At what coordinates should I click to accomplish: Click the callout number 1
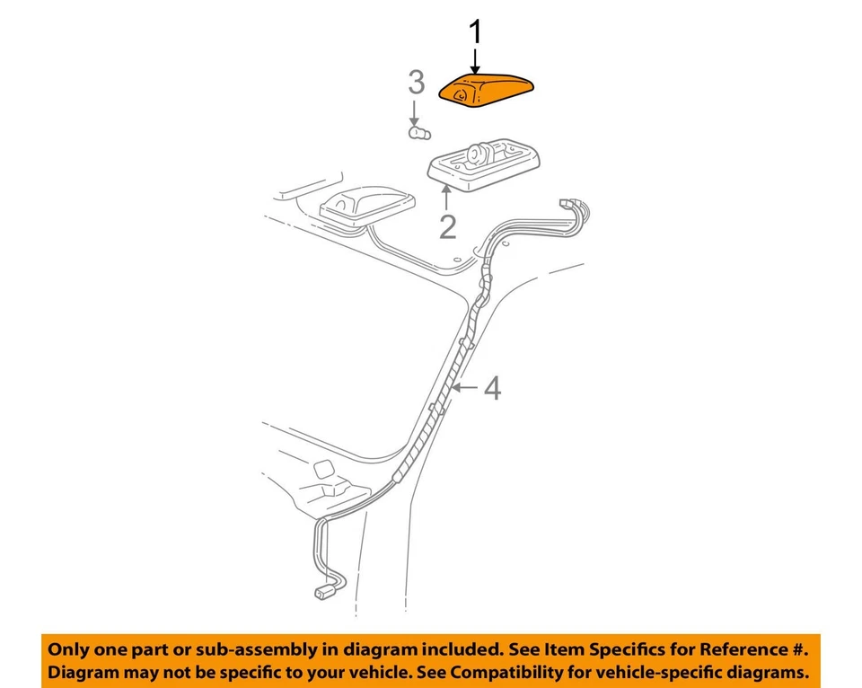click(x=476, y=34)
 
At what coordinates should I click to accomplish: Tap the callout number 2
click(x=447, y=226)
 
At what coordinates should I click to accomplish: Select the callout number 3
click(x=416, y=83)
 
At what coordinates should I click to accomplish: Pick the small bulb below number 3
click(x=418, y=134)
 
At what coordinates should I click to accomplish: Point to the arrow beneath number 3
click(x=414, y=114)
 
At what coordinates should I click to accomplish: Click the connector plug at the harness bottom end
click(x=323, y=592)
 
